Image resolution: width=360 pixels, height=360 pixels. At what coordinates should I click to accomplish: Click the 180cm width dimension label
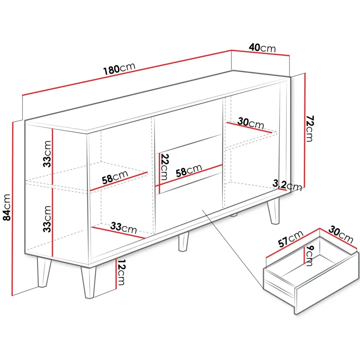pos(119,69)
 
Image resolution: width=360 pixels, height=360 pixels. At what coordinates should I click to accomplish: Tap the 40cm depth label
pos(262,48)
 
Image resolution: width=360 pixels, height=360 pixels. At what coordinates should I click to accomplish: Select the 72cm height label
pos(310,129)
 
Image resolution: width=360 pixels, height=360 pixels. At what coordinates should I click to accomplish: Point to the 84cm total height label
pos(7,207)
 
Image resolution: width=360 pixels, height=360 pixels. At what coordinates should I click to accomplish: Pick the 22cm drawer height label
pos(164,167)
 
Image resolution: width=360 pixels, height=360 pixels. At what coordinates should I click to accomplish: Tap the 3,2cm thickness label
pos(287,185)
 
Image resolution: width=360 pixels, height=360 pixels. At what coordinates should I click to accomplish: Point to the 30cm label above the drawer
pos(341,234)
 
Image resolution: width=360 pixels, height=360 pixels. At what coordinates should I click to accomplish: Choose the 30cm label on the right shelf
pos(251,123)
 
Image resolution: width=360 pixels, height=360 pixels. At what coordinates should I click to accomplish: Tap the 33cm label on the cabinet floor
pos(124,228)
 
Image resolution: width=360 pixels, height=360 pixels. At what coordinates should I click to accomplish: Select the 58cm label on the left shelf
pos(115,177)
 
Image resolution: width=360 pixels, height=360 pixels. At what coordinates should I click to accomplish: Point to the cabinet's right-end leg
pos(274,210)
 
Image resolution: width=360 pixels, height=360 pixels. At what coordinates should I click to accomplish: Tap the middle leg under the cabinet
pos(183,242)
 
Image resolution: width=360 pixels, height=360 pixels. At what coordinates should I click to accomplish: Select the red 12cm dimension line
pos(116,274)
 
